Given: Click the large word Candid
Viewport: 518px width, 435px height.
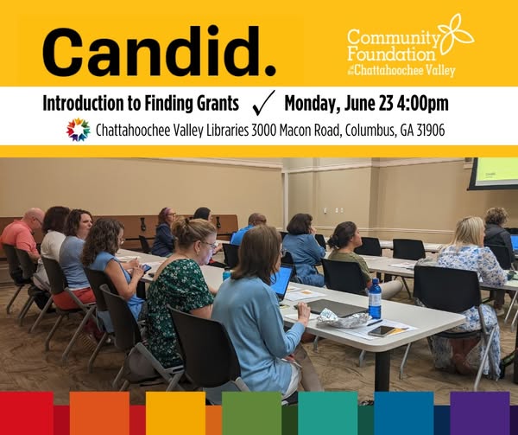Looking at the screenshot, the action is tap(159, 52).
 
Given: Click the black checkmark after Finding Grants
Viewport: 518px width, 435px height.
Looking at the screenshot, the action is tap(263, 103).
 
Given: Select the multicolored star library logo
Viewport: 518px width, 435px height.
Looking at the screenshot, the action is tap(79, 130).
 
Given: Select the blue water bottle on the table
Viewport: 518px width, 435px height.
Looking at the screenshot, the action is tap(375, 298).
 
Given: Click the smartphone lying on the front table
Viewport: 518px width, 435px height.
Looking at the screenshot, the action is tap(382, 331).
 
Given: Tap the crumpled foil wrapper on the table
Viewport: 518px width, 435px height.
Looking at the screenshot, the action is tap(341, 319).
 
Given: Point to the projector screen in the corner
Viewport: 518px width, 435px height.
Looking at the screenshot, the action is tap(493, 174).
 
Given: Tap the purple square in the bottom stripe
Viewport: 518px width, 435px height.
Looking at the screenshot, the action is tap(480, 413).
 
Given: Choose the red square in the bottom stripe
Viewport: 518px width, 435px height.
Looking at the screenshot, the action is tap(27, 413).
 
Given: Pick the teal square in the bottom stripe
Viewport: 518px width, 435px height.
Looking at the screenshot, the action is tap(328, 413).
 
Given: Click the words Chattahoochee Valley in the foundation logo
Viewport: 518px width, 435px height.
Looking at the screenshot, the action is tap(405, 70).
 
